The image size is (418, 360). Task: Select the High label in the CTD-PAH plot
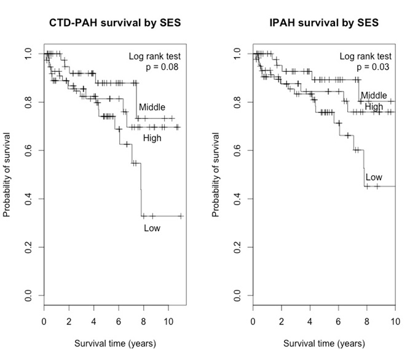(152, 138)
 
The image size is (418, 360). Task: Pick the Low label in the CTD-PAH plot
(152, 228)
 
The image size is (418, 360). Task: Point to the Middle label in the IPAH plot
(374, 95)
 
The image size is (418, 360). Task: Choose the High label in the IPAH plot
(374, 107)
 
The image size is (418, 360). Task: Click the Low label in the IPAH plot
(374, 178)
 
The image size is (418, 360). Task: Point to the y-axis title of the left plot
(7, 179)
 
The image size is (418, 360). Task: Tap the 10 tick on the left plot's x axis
(168, 321)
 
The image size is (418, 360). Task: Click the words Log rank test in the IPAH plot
(364, 57)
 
